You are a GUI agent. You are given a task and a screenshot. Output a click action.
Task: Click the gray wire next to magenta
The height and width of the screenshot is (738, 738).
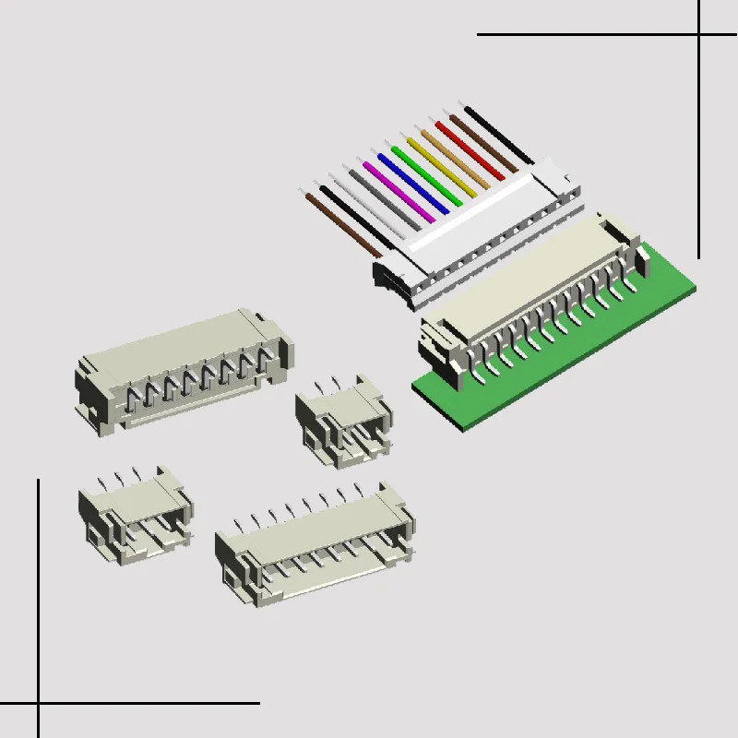coord(381,198)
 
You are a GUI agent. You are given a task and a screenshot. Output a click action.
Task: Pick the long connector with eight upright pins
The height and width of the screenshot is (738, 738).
coord(314,544)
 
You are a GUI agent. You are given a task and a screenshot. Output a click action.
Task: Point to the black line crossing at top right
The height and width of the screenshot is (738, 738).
coord(698,35)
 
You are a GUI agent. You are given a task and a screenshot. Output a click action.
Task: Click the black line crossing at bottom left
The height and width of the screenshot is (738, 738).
coord(39,703)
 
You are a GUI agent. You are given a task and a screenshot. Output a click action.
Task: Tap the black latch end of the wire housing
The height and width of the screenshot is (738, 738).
coord(388,277)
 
